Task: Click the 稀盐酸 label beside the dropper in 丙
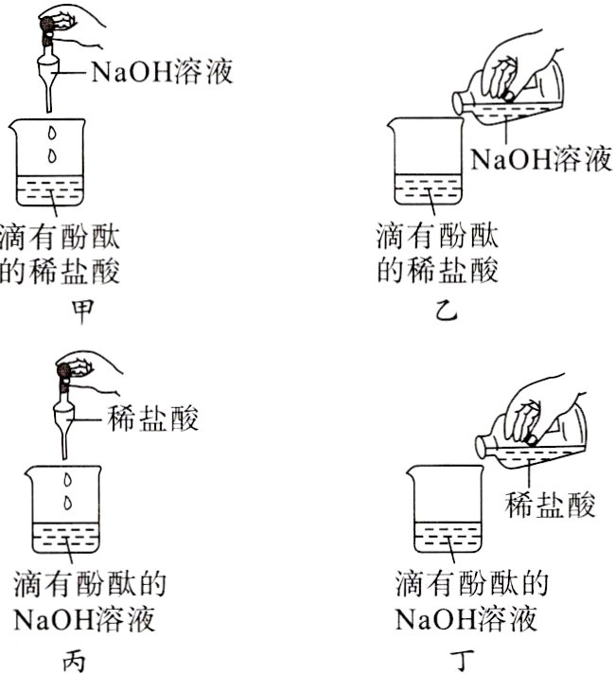pyautogui.click(x=154, y=418)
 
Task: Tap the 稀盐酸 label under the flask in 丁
pyautogui.click(x=552, y=506)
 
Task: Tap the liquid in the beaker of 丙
pyautogui.click(x=67, y=542)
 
